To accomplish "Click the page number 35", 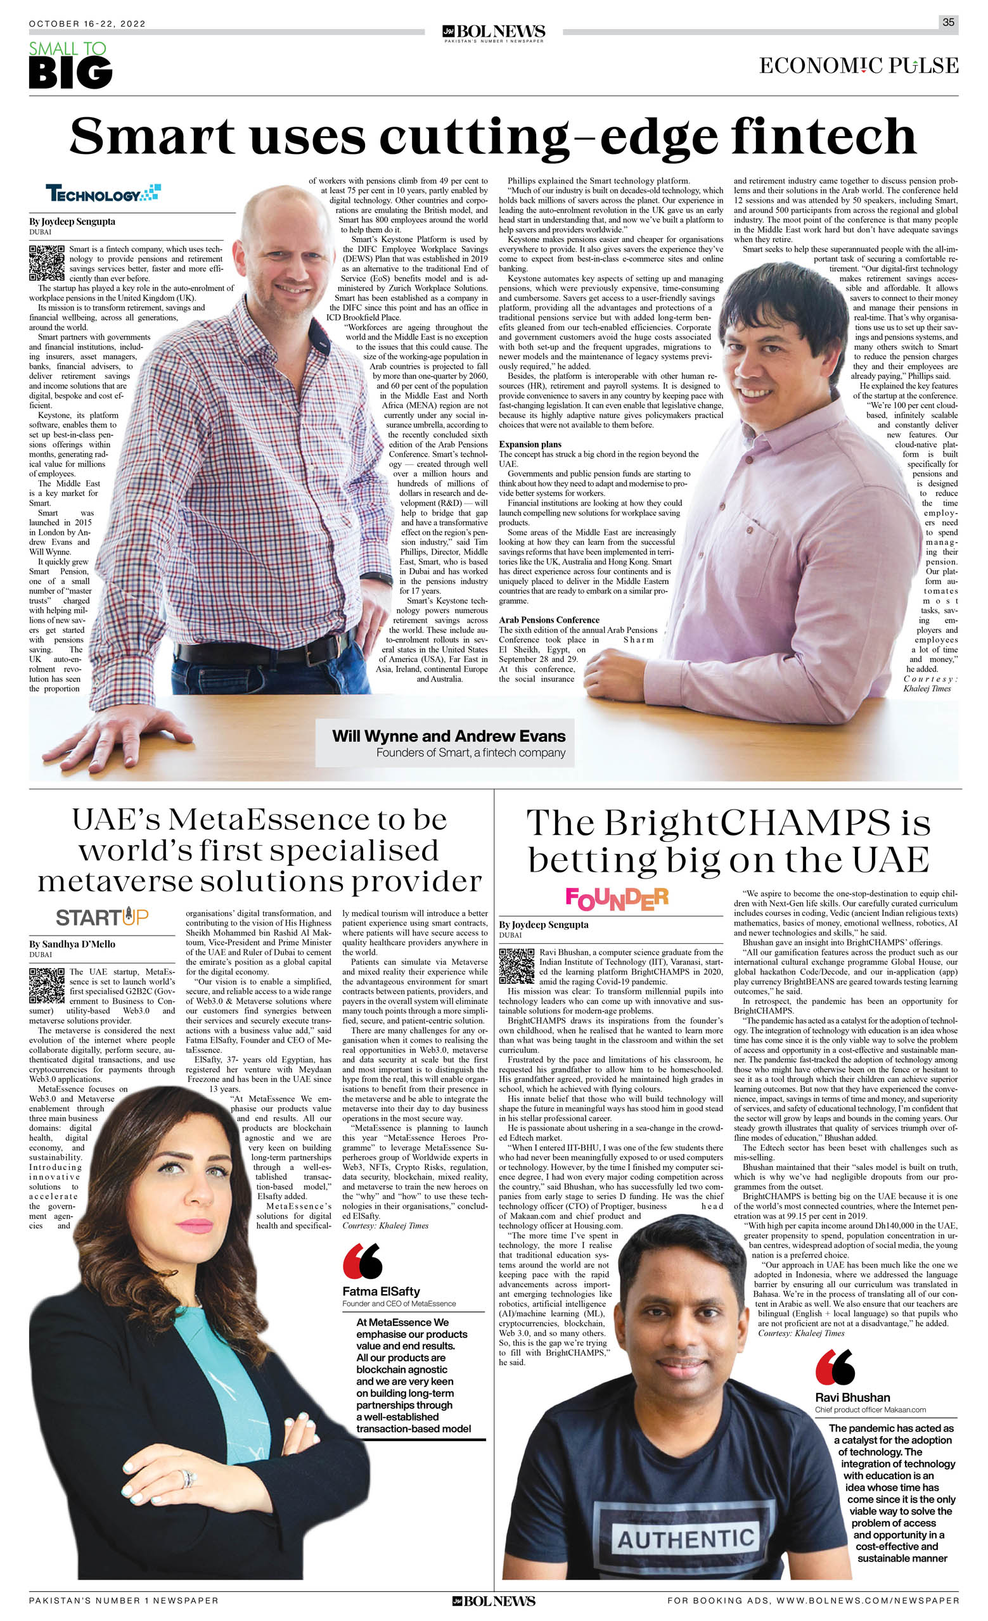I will (x=948, y=22).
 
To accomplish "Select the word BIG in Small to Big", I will (x=70, y=73).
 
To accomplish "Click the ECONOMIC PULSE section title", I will (x=858, y=66).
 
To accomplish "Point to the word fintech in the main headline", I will (x=823, y=136).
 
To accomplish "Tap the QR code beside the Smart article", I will (x=47, y=262).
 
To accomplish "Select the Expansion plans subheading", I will (x=530, y=444).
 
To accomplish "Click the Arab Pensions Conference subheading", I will (x=549, y=620).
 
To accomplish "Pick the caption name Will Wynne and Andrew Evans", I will (x=448, y=735).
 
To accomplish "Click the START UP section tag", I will (x=102, y=917).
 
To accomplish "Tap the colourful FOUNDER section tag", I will (x=617, y=899).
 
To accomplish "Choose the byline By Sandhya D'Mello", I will (x=72, y=944).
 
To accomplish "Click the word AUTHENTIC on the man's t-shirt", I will (x=684, y=1539).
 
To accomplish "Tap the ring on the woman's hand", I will (x=189, y=1479).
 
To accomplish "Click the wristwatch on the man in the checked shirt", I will (x=377, y=580).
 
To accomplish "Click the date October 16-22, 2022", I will (x=87, y=23).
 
